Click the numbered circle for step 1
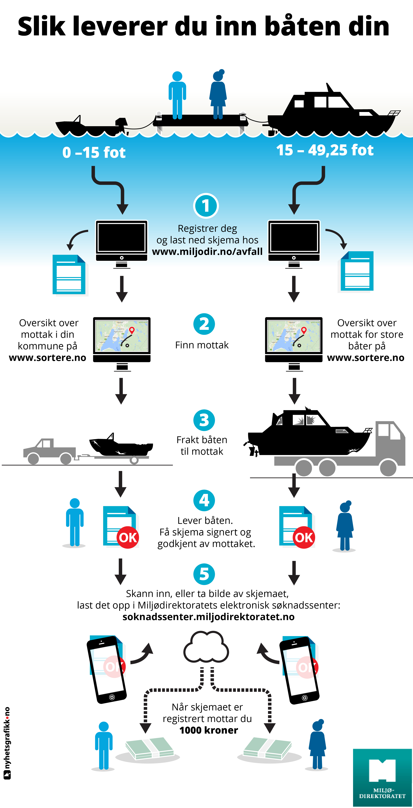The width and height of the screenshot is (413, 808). pos(206,206)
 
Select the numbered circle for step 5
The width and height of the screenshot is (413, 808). pos(204,574)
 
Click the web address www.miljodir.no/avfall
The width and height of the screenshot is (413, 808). pos(207,252)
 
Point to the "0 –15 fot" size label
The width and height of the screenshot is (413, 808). pos(94,153)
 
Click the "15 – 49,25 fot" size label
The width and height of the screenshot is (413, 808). pos(325,150)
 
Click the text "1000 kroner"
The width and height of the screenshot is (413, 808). pos(209,730)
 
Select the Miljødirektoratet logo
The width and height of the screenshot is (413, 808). pos(382,777)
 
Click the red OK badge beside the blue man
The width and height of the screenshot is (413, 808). pos(128,537)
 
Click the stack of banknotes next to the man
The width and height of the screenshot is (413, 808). pos(150,749)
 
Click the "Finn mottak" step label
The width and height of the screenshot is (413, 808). pos(202,345)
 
